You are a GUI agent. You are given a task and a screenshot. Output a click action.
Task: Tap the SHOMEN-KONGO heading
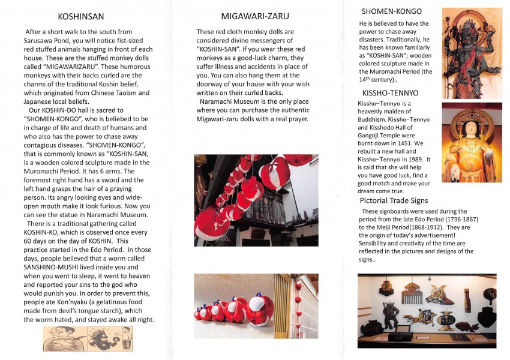point(391,11)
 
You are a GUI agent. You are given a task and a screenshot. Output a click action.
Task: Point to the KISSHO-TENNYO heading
point(390,93)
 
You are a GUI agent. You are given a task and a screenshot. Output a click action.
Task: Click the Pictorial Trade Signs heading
point(394,200)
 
